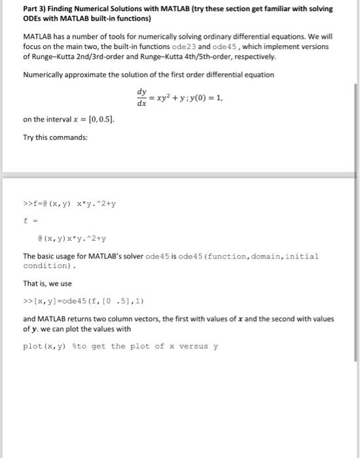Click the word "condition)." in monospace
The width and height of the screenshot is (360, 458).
pos(50,266)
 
